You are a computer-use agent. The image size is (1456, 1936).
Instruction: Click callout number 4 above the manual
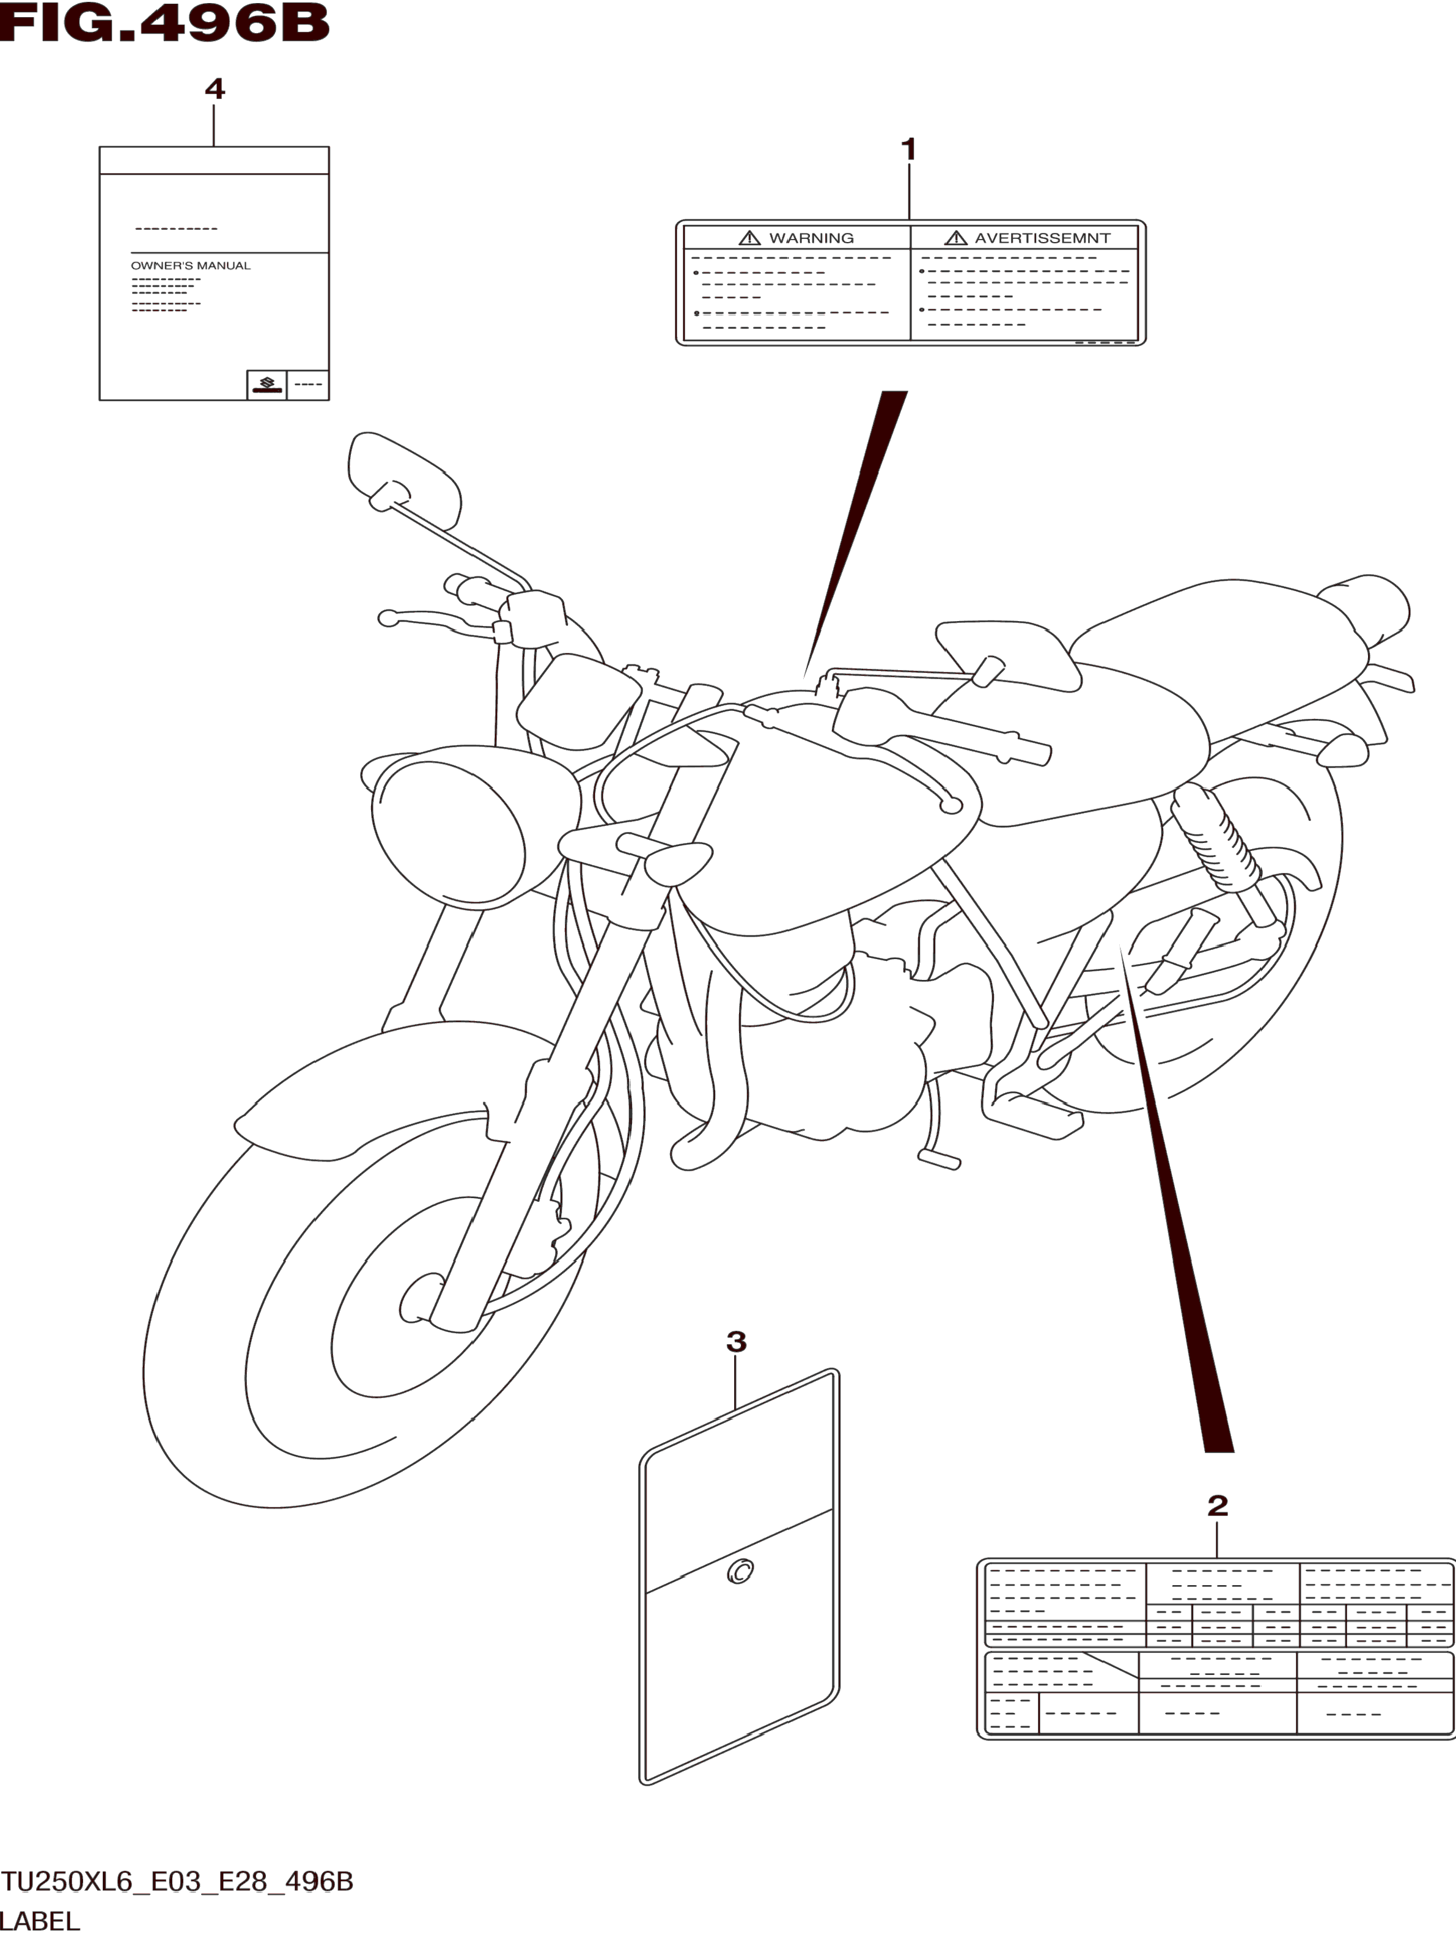coord(215,89)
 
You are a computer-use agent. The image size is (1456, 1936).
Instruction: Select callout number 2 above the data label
coord(1217,1506)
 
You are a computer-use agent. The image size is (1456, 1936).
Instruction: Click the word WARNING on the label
coord(811,238)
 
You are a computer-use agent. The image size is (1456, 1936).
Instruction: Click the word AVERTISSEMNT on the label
coord(1042,238)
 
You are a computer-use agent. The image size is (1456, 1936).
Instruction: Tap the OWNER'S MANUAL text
coord(191,265)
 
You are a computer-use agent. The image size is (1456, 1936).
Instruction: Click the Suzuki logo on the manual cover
coord(267,383)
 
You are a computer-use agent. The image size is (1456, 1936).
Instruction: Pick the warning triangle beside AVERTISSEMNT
coord(955,238)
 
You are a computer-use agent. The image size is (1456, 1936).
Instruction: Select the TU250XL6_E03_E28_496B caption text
coord(178,1882)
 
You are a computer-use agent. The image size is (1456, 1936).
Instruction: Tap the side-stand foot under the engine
coord(939,1160)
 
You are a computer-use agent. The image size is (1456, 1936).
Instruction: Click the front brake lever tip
coord(387,619)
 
